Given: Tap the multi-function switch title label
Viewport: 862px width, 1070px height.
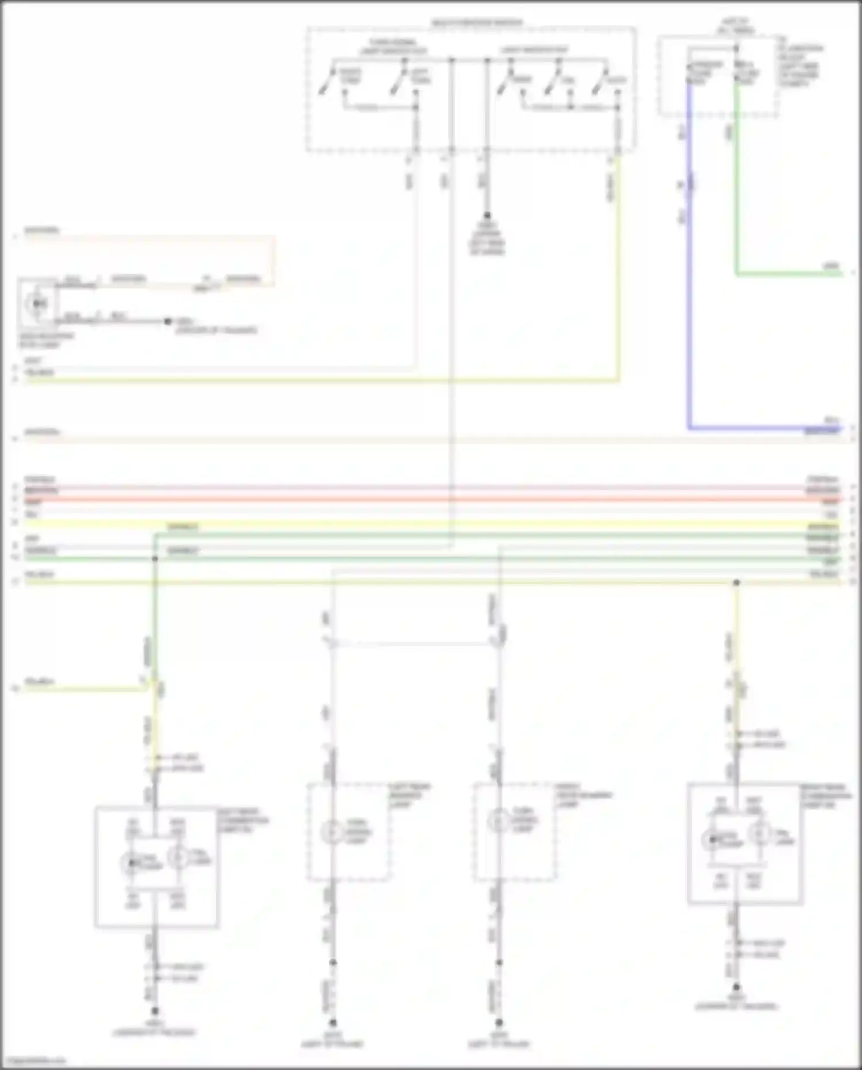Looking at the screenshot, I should [x=477, y=23].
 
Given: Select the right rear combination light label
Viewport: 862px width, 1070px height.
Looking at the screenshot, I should [x=826, y=796].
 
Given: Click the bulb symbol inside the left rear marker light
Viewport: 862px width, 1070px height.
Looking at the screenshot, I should [x=332, y=832].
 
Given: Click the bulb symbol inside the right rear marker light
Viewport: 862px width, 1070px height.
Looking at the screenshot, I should [x=499, y=822].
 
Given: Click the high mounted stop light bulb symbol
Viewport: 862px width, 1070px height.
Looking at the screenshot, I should [x=39, y=303].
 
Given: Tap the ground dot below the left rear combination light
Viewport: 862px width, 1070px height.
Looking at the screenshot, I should [x=155, y=1010].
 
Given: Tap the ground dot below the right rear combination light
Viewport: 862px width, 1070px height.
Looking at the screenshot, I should [x=736, y=987].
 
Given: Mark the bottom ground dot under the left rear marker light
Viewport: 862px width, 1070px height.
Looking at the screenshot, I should [x=332, y=1022].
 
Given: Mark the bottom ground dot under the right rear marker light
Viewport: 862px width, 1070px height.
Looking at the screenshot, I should [x=499, y=1022].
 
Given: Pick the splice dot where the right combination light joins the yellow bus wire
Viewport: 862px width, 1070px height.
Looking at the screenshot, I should [x=736, y=583].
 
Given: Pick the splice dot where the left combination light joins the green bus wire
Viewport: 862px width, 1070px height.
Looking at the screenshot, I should [x=155, y=558].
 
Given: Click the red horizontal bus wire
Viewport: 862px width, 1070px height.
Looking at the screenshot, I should [x=431, y=500].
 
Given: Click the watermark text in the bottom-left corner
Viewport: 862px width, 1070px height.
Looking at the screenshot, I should [x=33, y=1061].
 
